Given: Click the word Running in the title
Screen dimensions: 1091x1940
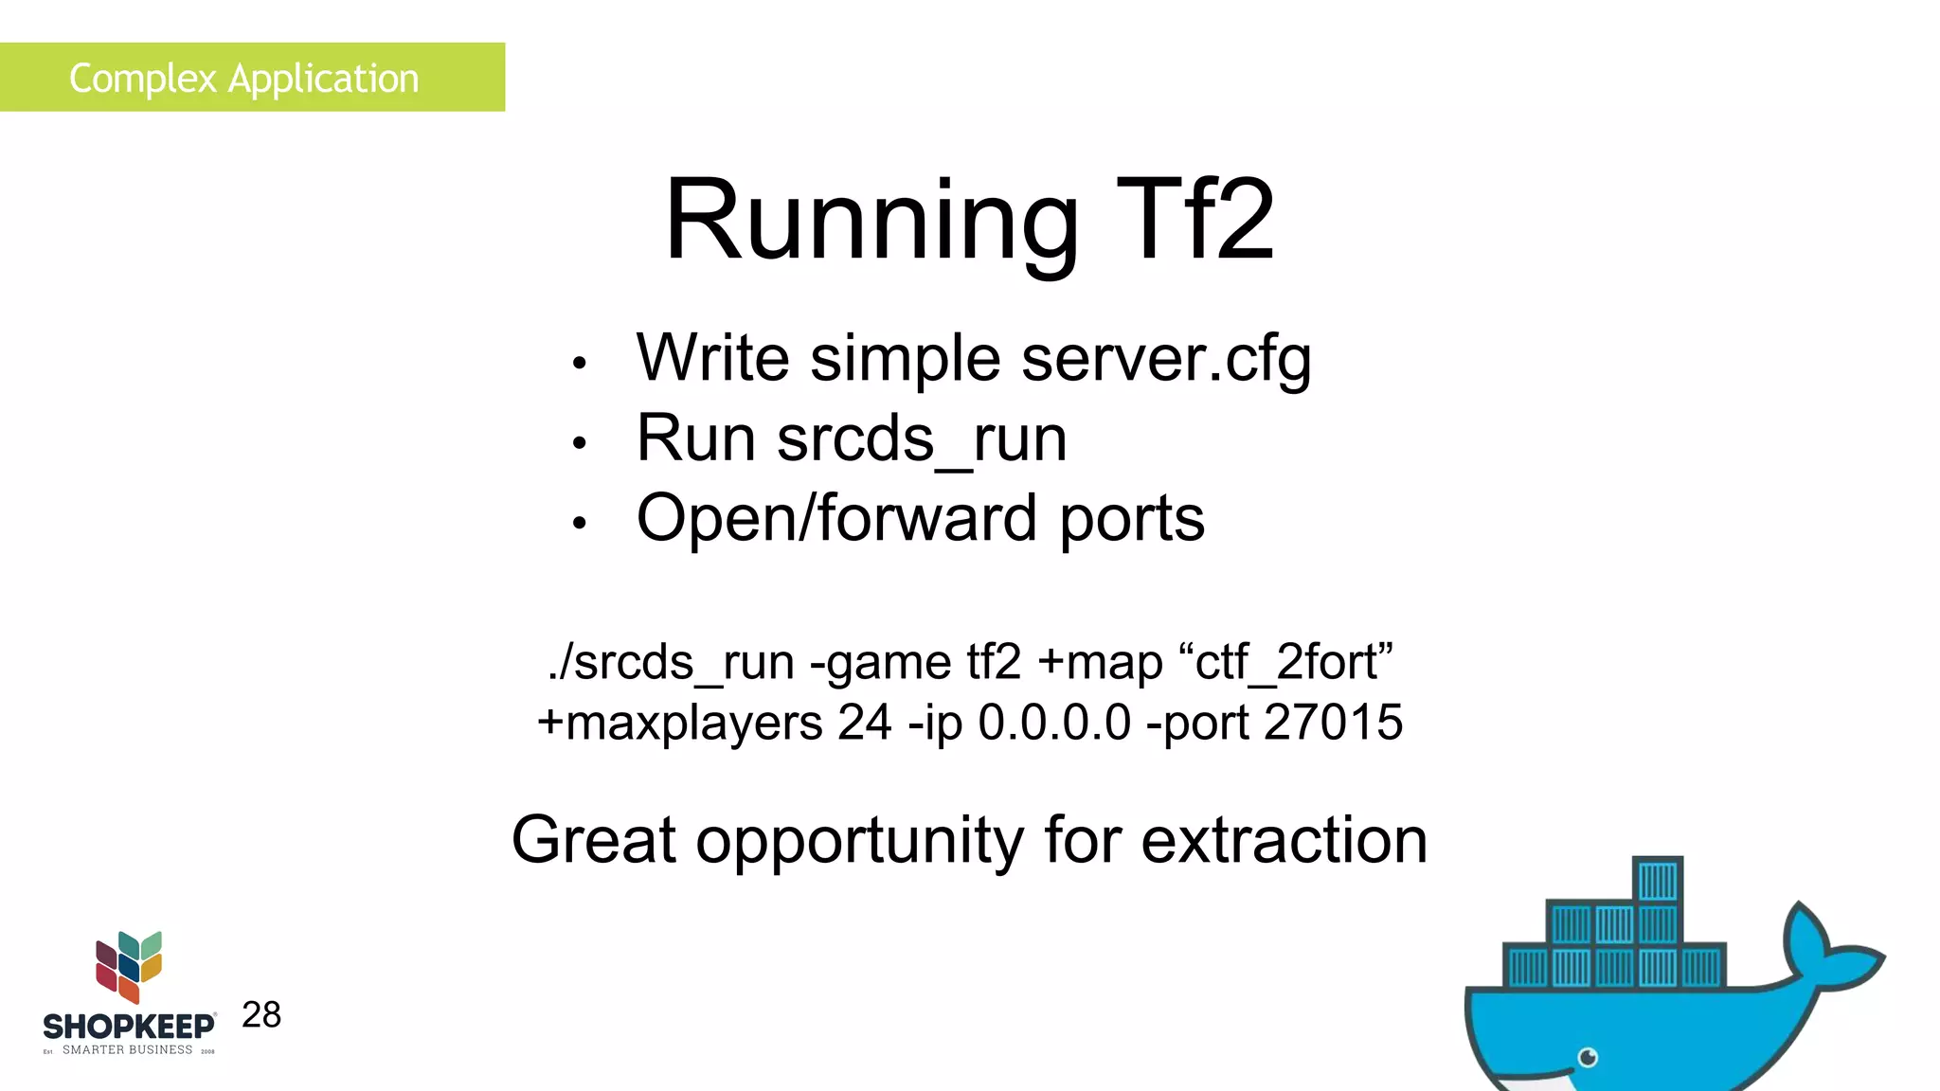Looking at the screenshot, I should pos(871,222).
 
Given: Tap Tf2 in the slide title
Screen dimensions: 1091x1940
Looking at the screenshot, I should pos(1195,222).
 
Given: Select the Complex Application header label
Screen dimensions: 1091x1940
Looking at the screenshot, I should pos(243,78).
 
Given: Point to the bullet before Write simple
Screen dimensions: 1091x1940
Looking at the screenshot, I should pos(580,363).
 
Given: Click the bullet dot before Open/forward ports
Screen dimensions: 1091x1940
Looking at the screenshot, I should pos(580,523).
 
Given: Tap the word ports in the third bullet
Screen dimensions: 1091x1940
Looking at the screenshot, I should pos(1132,519).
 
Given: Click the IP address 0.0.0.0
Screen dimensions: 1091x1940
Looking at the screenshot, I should pos(1054,723).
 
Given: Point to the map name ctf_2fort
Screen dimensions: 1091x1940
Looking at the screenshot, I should pos(1294,662).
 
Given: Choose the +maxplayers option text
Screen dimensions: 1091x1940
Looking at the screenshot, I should pos(680,723).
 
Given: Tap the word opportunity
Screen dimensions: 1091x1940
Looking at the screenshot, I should pos(859,842).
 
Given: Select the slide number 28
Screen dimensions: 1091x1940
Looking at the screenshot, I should pos(261,1014).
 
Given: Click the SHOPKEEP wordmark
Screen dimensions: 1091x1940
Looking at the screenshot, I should pos(129,1027).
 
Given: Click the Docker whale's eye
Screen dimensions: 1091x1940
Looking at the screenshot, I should pos(1589,1057).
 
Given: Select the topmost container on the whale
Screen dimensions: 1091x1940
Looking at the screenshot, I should pos(1658,880).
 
